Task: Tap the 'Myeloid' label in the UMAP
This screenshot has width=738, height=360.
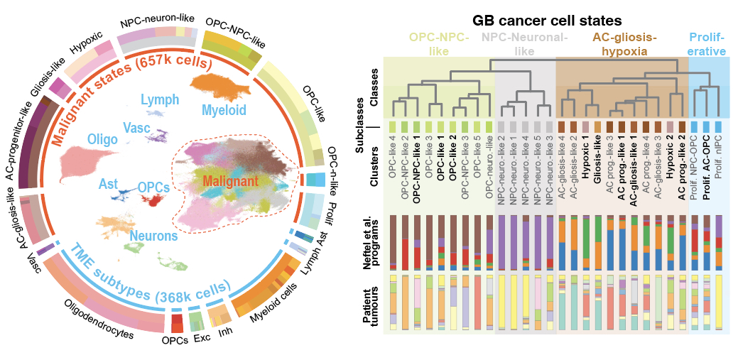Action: pyautogui.click(x=224, y=110)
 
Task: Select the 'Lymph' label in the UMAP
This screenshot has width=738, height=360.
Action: pyautogui.click(x=160, y=100)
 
